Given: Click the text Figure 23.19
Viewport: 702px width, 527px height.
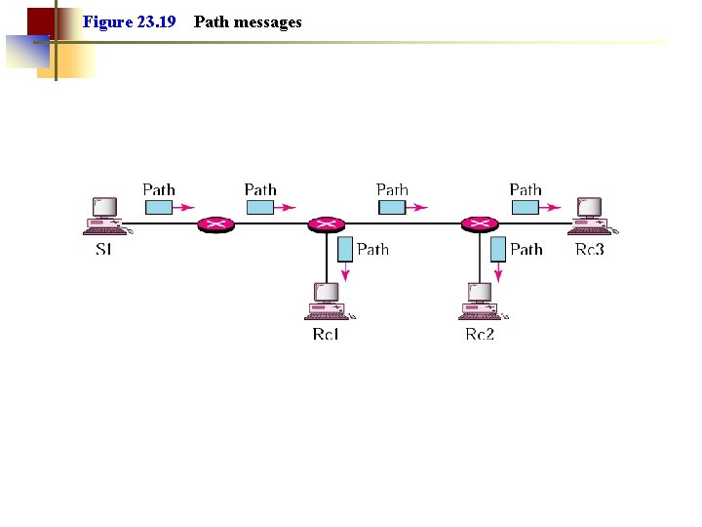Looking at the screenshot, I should pyautogui.click(x=129, y=21).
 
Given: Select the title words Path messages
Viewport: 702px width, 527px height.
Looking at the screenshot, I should pyautogui.click(x=248, y=21).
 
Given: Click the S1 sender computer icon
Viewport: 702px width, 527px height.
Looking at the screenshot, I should pyautogui.click(x=104, y=216).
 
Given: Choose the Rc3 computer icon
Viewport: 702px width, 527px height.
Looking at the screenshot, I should pyautogui.click(x=590, y=216).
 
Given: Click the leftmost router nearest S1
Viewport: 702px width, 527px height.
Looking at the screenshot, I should pyautogui.click(x=215, y=224).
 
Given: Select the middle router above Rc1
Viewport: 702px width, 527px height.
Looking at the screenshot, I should pyautogui.click(x=326, y=224).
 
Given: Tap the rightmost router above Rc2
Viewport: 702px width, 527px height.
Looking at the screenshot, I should pyautogui.click(x=479, y=224).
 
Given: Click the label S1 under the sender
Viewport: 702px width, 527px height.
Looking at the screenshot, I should pyautogui.click(x=103, y=250).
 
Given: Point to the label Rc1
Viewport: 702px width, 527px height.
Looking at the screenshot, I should pyautogui.click(x=326, y=335).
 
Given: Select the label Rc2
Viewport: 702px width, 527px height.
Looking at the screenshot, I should pyautogui.click(x=480, y=335).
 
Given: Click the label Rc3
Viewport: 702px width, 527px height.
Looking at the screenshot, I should pyautogui.click(x=590, y=250).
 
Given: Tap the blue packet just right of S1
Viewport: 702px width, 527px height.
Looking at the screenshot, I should pyautogui.click(x=159, y=207).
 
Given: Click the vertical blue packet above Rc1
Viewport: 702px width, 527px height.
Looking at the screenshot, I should pyautogui.click(x=344, y=249).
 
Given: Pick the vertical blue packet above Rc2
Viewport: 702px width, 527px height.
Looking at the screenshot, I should pyautogui.click(x=497, y=249).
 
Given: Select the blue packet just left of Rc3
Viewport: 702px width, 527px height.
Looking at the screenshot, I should pyautogui.click(x=525, y=207).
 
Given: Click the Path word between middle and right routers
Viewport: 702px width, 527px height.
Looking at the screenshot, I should pyautogui.click(x=392, y=189).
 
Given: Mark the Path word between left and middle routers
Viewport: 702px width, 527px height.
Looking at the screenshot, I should pyautogui.click(x=260, y=189).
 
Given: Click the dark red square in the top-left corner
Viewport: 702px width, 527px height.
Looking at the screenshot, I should pyautogui.click(x=40, y=21).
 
